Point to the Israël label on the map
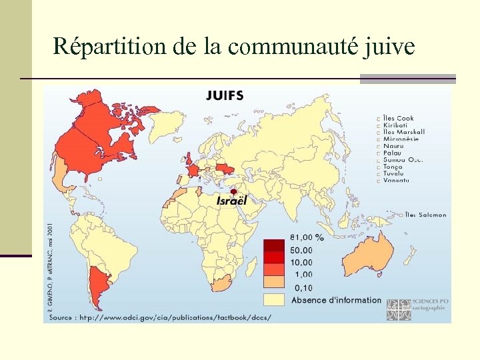[231, 201]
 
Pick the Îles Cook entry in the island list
[398, 118]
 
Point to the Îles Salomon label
[427, 215]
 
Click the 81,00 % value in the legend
[307, 237]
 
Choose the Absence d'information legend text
[336, 300]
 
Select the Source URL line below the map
[160, 317]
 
